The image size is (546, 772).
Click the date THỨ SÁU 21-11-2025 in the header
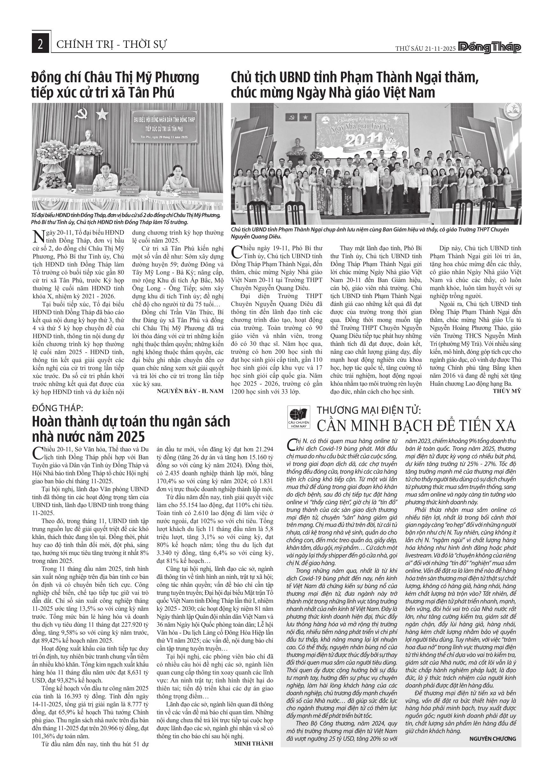click(425, 48)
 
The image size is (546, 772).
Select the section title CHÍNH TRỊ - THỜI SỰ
click(111, 44)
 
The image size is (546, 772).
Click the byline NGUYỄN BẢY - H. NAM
click(190, 391)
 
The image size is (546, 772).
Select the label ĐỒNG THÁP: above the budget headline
click(57, 409)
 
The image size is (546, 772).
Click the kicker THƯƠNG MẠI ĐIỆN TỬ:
click(369, 410)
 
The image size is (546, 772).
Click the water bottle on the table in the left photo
click(69, 188)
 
